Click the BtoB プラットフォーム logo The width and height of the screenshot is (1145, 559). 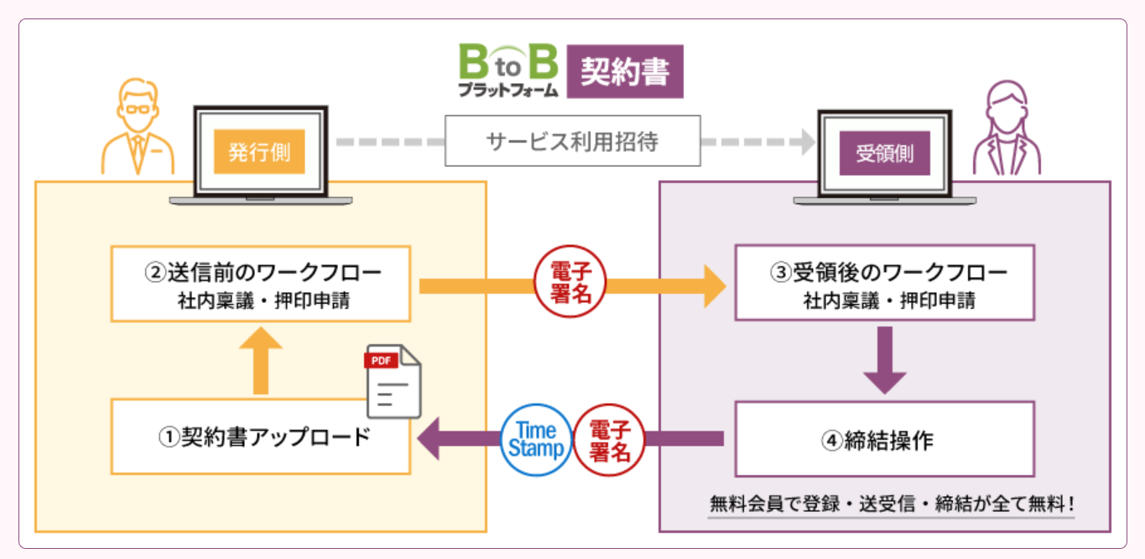coord(507,71)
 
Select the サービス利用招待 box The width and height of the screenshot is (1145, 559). coord(572,141)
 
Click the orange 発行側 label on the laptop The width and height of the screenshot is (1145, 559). coord(259,152)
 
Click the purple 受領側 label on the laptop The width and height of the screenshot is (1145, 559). coord(884,153)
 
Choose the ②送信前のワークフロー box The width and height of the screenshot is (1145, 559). coord(260,284)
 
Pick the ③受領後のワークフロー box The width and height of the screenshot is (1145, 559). coord(884,283)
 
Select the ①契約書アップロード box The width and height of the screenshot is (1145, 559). coord(260,437)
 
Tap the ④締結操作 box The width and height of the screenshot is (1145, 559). coord(884,439)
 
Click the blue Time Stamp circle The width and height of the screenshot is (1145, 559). coord(537,439)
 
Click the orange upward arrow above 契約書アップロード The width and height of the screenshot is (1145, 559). coord(260,359)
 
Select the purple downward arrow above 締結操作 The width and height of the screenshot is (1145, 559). coord(884,359)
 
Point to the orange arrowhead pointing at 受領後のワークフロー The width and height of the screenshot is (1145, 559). coord(713,285)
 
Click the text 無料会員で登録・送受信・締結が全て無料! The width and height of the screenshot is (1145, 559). coord(892,504)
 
